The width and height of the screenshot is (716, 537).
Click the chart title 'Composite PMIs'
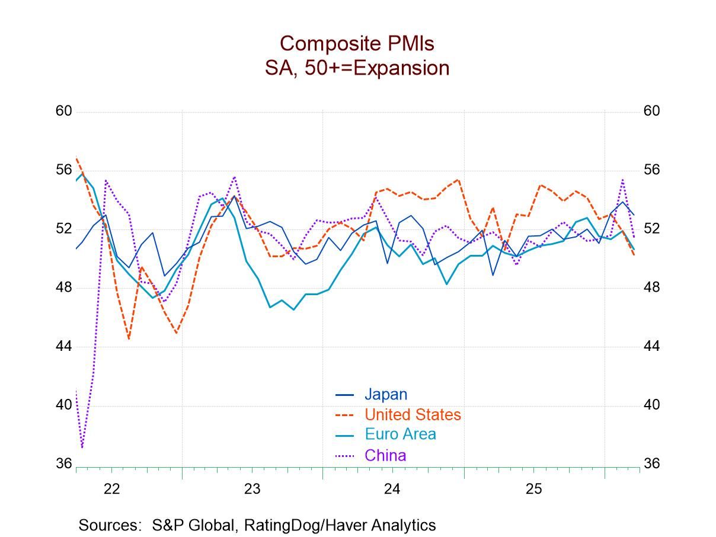tap(357, 43)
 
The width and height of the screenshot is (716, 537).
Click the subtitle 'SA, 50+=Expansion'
tap(357, 68)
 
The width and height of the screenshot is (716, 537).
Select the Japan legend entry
tap(385, 394)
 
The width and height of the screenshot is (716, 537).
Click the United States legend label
tap(413, 414)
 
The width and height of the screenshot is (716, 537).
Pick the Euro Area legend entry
tap(400, 434)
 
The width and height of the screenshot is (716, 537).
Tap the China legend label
tap(385, 455)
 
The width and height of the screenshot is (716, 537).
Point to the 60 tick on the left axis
tap(63, 111)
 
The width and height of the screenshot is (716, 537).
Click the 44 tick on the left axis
tap(63, 346)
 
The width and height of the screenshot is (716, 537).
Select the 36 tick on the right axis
tap(651, 464)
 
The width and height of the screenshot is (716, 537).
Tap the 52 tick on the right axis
tap(651, 229)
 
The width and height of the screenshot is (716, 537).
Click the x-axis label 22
tap(111, 489)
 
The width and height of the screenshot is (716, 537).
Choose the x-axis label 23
tap(252, 489)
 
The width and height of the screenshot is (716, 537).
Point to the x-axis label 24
tap(392, 489)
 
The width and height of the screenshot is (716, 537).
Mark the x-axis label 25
tap(533, 489)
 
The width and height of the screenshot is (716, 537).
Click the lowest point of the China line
tap(82, 447)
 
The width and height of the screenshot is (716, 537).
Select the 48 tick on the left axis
tap(63, 287)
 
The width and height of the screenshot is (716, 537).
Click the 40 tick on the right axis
tap(651, 405)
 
